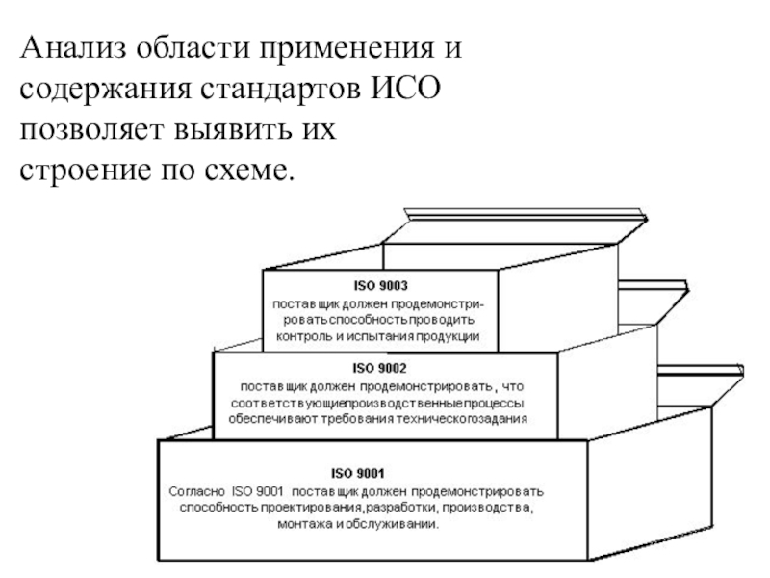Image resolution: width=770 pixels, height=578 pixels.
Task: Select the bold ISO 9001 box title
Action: (358, 474)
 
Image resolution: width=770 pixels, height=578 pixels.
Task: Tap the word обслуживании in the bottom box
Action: (394, 525)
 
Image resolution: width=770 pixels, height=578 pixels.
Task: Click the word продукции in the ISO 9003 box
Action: (451, 337)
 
